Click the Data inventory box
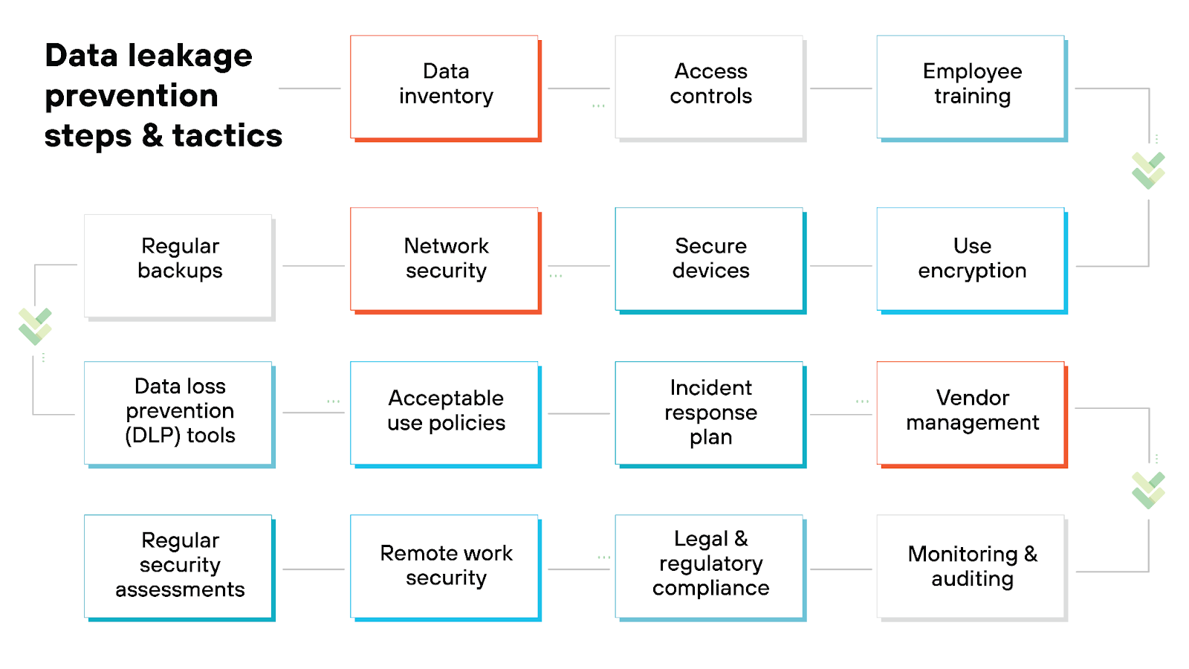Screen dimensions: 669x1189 pyautogui.click(x=445, y=86)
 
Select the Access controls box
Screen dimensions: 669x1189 pyautogui.click(x=710, y=86)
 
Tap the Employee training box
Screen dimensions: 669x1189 pyautogui.click(x=971, y=86)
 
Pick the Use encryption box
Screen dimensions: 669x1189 pyautogui.click(x=971, y=259)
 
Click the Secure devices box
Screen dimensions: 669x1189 pyautogui.click(x=710, y=259)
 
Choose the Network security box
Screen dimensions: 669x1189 pyautogui.click(x=445, y=259)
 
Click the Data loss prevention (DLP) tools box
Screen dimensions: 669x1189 pyautogui.click(x=179, y=413)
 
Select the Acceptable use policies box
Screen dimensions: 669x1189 pyautogui.click(x=445, y=413)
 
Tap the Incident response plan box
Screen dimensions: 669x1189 pyautogui.click(x=710, y=413)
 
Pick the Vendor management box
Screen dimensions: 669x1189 pyautogui.click(x=971, y=413)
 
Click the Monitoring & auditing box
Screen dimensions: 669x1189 pyautogui.click(x=971, y=566)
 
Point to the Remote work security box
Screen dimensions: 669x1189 pyautogui.click(x=445, y=566)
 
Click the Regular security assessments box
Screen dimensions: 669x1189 pyautogui.click(x=179, y=566)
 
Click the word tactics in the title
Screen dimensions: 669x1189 pyautogui.click(x=227, y=136)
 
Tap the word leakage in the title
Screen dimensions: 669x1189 pyautogui.click(x=189, y=56)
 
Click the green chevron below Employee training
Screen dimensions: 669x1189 pyautogui.click(x=1148, y=170)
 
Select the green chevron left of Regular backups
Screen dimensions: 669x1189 pyautogui.click(x=35, y=326)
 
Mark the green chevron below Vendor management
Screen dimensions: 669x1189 pyautogui.click(x=1148, y=490)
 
